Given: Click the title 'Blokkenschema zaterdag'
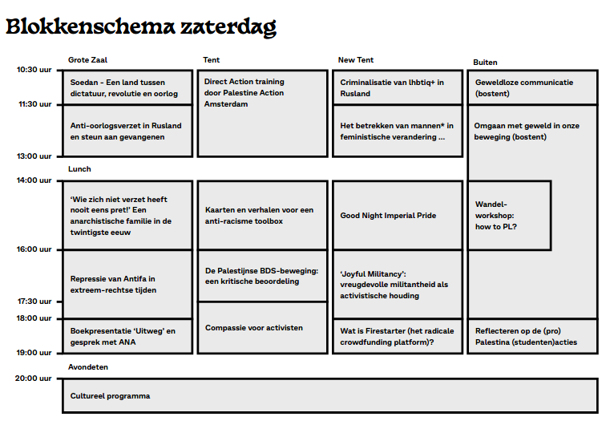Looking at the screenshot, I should (x=141, y=26).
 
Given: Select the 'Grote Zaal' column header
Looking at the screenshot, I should (x=87, y=60).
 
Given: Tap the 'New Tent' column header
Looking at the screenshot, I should (x=356, y=60).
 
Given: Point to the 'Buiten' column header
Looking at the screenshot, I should (x=486, y=63).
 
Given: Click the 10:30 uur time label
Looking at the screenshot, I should (x=34, y=70).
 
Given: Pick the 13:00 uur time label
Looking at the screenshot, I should (x=34, y=156).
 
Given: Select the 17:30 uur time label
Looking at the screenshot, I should (x=34, y=301).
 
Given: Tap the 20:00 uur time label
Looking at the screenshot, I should (x=34, y=378).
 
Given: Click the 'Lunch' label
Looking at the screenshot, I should (x=79, y=169).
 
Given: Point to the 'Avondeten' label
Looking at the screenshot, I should (x=88, y=367).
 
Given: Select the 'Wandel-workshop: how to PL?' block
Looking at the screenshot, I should (x=509, y=215).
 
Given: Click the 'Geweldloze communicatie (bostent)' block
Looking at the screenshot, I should (x=532, y=87).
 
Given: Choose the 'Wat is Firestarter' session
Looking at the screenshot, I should (x=397, y=336).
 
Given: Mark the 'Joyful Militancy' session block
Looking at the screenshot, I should (x=397, y=284).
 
